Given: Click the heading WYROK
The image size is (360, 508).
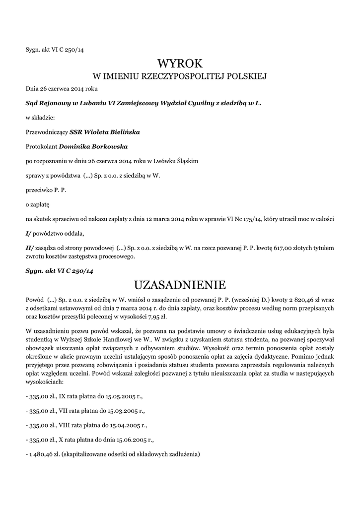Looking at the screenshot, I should point(180,63).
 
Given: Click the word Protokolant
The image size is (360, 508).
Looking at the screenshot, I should point(41,147).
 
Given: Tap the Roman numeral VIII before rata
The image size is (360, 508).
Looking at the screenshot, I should point(65,426).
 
